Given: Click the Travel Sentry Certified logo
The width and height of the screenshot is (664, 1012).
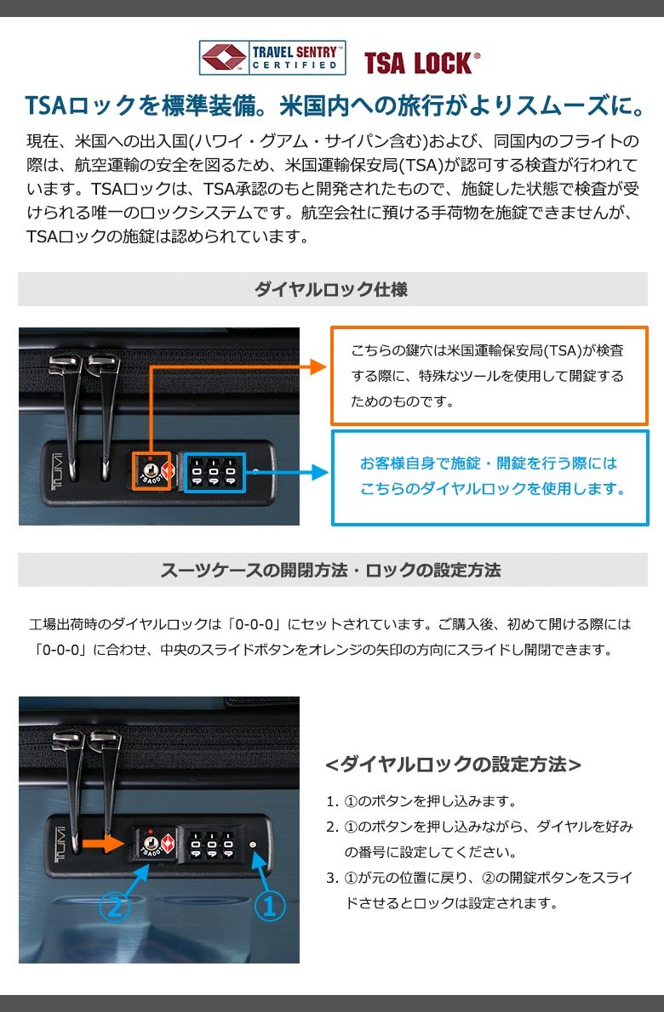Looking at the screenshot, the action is pos(272,58).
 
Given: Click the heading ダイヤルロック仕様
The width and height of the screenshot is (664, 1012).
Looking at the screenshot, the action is pos(331,289).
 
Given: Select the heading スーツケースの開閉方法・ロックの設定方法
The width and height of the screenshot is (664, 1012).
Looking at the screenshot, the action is pos(330,570).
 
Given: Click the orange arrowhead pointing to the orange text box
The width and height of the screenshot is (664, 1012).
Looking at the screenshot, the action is pos(318,367).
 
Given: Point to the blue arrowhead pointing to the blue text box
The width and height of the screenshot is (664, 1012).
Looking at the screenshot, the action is pos(320,473).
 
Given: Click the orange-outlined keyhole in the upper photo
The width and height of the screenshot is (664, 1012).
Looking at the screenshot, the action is pos(152,471).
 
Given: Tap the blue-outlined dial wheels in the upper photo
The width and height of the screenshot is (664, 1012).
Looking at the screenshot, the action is pos(215,473).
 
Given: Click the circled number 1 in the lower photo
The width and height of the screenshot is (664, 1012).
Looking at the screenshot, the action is pos(269,907).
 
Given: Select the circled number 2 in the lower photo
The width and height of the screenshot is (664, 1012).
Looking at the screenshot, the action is pos(114,907).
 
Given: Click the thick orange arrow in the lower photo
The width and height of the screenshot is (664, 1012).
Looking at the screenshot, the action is pos(103,844).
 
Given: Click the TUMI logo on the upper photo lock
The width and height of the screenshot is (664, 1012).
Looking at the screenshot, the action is pos(57,471).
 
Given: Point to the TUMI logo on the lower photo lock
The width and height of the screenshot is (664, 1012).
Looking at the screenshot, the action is pos(60,844).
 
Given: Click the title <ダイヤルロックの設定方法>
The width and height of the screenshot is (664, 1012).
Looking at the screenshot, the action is pos(454,765).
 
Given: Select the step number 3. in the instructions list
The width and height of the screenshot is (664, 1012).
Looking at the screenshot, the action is pos(332,878).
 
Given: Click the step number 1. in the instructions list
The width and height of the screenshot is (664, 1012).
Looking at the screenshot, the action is pos(332,802).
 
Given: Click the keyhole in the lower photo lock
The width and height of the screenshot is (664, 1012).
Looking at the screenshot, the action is pos(150,843).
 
